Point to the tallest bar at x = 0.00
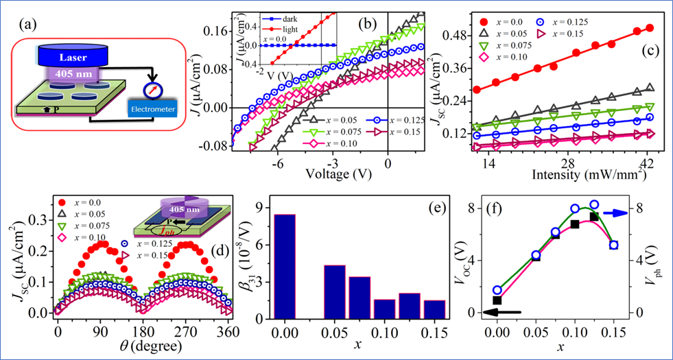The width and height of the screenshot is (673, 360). [x=285, y=267]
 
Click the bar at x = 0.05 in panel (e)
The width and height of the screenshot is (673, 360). [x=334, y=292]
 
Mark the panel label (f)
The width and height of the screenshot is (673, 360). [x=493, y=207]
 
